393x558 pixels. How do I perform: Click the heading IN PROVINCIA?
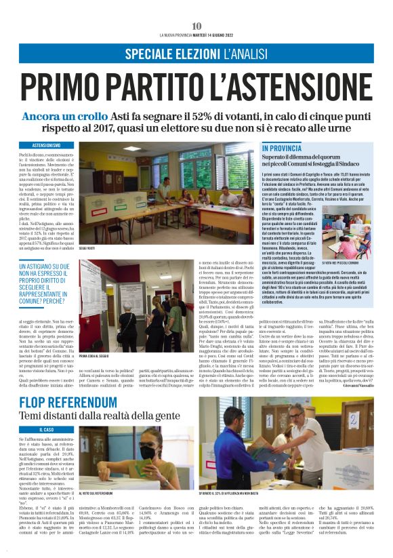[282, 148]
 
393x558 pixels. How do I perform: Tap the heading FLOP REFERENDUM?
[68, 403]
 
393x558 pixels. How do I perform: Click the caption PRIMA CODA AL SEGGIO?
[99, 356]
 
